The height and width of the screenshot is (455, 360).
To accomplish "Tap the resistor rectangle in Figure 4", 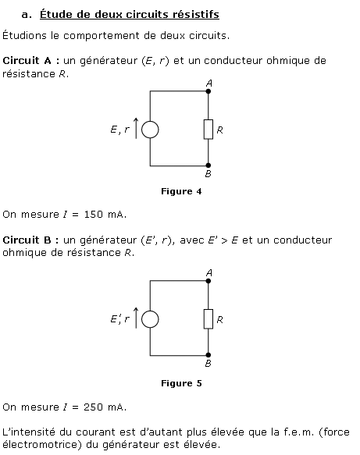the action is coord(204,130).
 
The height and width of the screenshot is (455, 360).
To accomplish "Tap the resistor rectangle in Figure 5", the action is coord(204,319).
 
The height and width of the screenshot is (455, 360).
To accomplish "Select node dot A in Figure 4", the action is coord(209,91).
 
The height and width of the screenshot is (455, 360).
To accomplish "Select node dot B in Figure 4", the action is coord(209,165).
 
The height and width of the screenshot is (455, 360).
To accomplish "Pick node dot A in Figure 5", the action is coord(209,281).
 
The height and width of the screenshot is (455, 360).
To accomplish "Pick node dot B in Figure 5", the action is coord(209,355).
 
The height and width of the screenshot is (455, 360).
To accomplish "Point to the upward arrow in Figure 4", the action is coord(136,128).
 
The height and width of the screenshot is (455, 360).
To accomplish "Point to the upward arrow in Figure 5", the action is coord(136,318).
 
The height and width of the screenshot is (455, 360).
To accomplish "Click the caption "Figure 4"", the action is coord(181,191).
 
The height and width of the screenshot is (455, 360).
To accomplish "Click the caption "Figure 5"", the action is coord(181,383).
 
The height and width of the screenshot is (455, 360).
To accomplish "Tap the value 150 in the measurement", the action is coord(93,215).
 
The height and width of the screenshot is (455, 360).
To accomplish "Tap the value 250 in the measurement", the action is coord(93,407).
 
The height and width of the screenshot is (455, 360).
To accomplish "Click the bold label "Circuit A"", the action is coord(27,61).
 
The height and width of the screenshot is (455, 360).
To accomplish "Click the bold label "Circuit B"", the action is coord(27,240).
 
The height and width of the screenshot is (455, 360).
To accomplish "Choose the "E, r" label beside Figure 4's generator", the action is coord(120,130).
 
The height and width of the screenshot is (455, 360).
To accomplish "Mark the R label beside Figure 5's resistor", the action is coord(219,320).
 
